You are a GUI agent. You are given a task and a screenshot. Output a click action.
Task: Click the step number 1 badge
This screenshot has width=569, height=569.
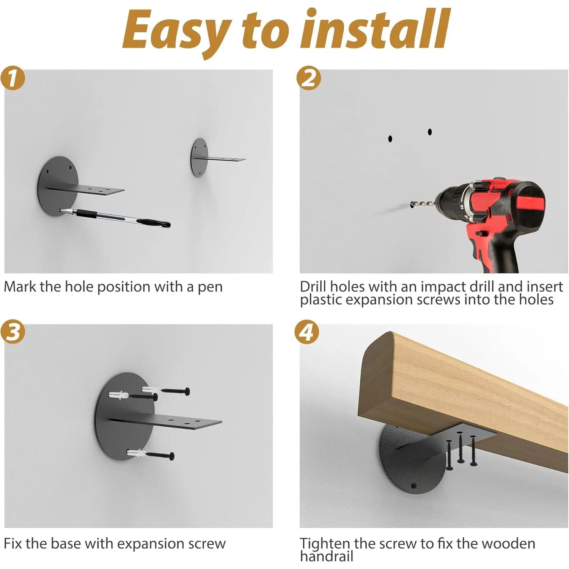click(13, 78)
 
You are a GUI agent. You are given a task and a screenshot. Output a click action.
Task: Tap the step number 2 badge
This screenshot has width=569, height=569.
click(308, 78)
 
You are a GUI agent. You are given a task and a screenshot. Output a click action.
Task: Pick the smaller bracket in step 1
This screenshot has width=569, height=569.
click(217, 157)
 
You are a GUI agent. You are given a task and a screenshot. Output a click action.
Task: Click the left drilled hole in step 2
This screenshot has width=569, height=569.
click(390, 139)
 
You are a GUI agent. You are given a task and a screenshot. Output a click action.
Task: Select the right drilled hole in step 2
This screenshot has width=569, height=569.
click(430, 132)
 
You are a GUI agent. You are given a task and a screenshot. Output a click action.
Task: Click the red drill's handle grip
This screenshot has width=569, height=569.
click(493, 250)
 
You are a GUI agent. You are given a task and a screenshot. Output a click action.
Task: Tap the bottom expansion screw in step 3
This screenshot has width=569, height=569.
click(151, 454)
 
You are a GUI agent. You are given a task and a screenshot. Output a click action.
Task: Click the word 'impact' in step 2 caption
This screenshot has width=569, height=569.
click(444, 287)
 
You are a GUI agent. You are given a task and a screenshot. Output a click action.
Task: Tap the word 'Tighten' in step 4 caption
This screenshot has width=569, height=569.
click(325, 544)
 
